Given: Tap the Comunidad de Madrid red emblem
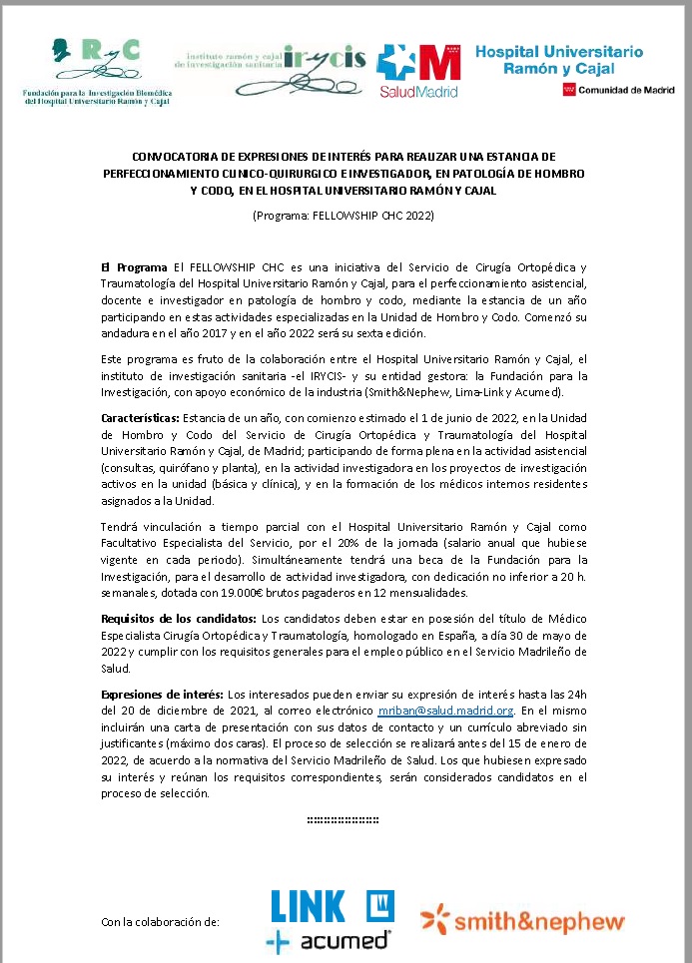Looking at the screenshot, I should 568,91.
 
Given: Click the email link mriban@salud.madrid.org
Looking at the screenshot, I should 445,711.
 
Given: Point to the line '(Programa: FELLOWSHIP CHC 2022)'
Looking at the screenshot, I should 345,215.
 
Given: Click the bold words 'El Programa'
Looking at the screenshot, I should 135,267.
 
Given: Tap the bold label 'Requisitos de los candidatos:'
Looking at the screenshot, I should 179,620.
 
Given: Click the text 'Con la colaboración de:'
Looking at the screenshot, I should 160,922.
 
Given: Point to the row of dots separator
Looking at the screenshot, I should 345,819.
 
